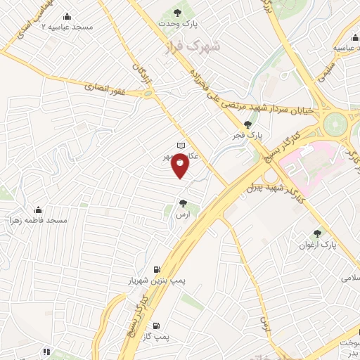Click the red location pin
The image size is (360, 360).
[x=181, y=166]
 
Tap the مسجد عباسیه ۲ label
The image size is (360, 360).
[x=68, y=26]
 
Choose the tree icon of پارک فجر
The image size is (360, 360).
[x=247, y=124]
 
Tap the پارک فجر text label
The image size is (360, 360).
[x=247, y=135]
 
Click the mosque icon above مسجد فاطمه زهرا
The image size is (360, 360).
[x=38, y=210]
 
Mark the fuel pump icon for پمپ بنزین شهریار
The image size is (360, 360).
[x=156, y=269]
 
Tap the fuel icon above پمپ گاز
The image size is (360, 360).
[x=155, y=326]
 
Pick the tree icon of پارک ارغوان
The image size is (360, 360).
[x=317, y=233]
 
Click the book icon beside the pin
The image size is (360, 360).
[x=181, y=146]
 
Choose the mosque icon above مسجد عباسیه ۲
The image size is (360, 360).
[x=67, y=16]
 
